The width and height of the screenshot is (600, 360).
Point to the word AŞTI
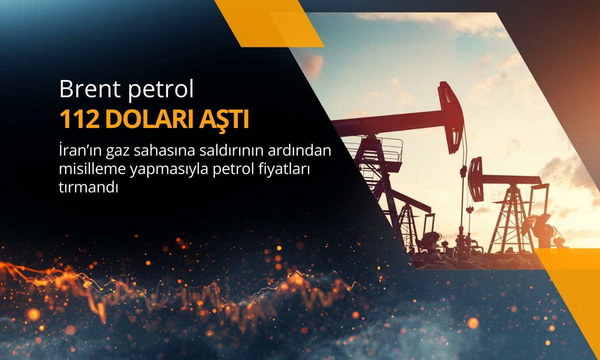click(x=224, y=120)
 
